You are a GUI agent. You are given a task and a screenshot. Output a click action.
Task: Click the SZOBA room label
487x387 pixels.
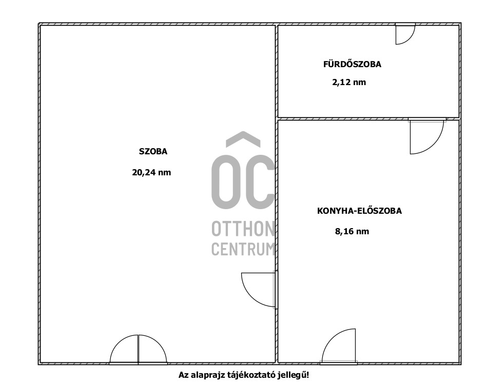[153, 151]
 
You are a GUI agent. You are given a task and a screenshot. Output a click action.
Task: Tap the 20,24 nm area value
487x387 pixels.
[151, 172]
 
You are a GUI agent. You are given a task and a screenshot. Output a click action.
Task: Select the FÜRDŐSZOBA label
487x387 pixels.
[352, 64]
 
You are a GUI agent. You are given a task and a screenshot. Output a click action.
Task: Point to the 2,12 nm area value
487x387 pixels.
[349, 82]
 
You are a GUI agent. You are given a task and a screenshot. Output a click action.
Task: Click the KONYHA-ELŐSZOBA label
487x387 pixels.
[359, 211]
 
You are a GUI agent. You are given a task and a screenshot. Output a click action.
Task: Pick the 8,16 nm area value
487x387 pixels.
[352, 231]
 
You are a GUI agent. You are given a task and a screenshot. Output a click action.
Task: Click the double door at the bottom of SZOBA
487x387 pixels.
[138, 350]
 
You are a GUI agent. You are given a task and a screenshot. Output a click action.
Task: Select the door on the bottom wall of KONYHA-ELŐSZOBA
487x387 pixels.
[339, 347]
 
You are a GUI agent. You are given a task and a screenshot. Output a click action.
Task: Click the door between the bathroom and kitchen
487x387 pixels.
[427, 136]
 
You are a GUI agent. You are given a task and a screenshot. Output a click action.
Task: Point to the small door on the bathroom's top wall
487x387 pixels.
[405, 34]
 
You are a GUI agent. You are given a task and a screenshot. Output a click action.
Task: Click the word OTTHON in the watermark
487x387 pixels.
[243, 229]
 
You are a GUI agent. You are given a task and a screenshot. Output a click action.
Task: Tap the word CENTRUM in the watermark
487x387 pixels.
[243, 249]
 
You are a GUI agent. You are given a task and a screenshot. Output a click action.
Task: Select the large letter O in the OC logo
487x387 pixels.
[226, 181]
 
